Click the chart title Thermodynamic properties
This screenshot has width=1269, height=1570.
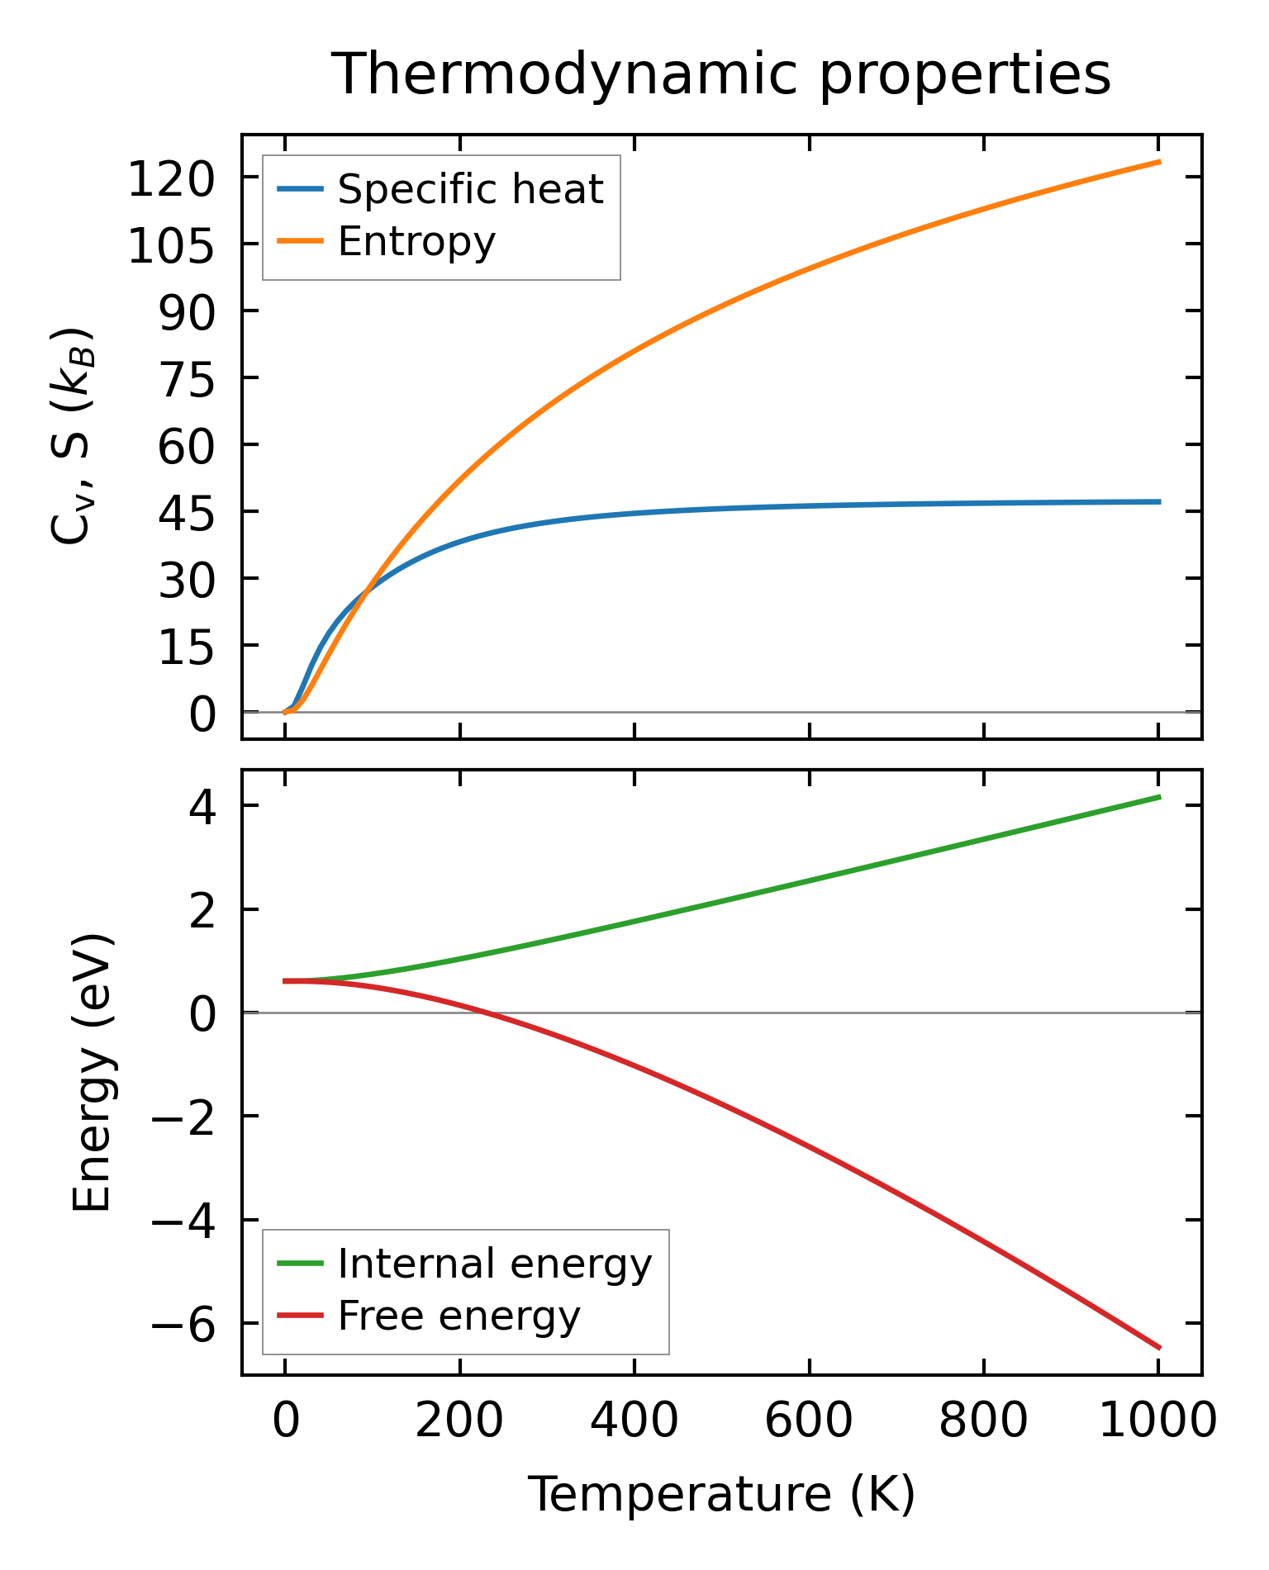coord(720,75)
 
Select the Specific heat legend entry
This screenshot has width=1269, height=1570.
coord(470,190)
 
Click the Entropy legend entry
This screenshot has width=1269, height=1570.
coord(416,242)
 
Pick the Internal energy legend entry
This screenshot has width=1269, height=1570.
coord(494,1264)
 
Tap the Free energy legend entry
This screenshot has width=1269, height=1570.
coord(459,1316)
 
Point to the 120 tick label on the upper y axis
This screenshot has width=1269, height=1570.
coord(171,180)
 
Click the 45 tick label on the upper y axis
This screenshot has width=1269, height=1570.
coord(186,514)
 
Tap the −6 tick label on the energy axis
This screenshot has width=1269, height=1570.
coord(183,1326)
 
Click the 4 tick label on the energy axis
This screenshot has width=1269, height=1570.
coord(202,808)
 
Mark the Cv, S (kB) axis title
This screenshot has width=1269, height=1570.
coord(73,436)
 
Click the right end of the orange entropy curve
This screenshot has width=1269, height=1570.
coord(1160,162)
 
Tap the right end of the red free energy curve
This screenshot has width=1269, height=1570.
coord(1160,1348)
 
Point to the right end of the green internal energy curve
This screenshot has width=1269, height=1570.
coord(1160,797)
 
